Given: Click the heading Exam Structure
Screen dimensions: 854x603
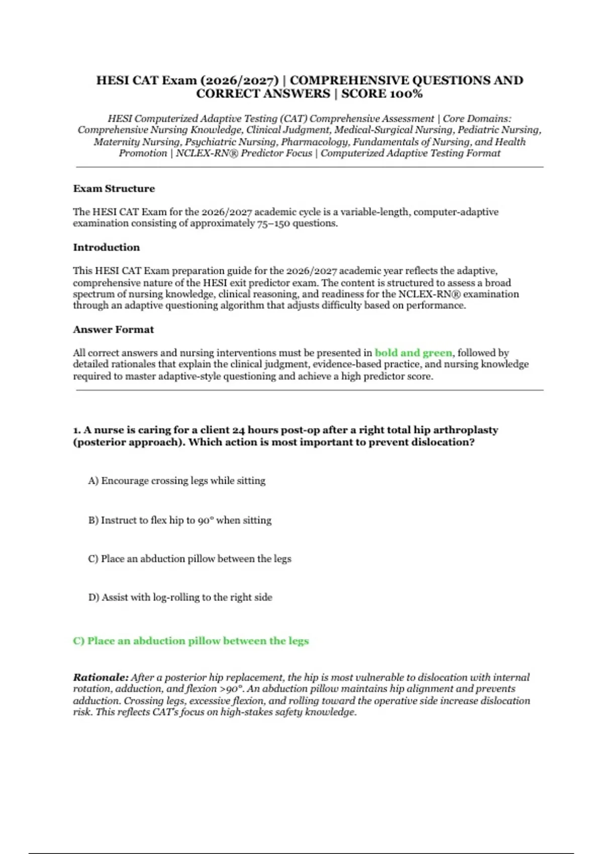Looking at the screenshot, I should pyautogui.click(x=114, y=188).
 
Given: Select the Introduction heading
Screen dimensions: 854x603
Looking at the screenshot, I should pyautogui.click(x=106, y=247).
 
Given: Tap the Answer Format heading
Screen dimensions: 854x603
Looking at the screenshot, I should pyautogui.click(x=113, y=330).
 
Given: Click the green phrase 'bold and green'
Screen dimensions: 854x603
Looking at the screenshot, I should pyautogui.click(x=413, y=353).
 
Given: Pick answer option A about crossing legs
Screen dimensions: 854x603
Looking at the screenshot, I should pyautogui.click(x=176, y=481).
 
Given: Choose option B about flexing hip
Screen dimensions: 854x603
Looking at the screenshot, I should pyautogui.click(x=179, y=520).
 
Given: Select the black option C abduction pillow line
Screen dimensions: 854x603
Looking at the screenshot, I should pyautogui.click(x=189, y=559).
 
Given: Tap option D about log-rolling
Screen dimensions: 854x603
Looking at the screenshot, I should pyautogui.click(x=180, y=597).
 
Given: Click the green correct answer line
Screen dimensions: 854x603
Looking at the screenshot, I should pyautogui.click(x=190, y=641).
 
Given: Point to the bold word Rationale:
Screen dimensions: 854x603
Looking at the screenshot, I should pyautogui.click(x=100, y=677).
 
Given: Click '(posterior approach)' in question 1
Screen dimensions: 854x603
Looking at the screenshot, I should pyautogui.click(x=129, y=442).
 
